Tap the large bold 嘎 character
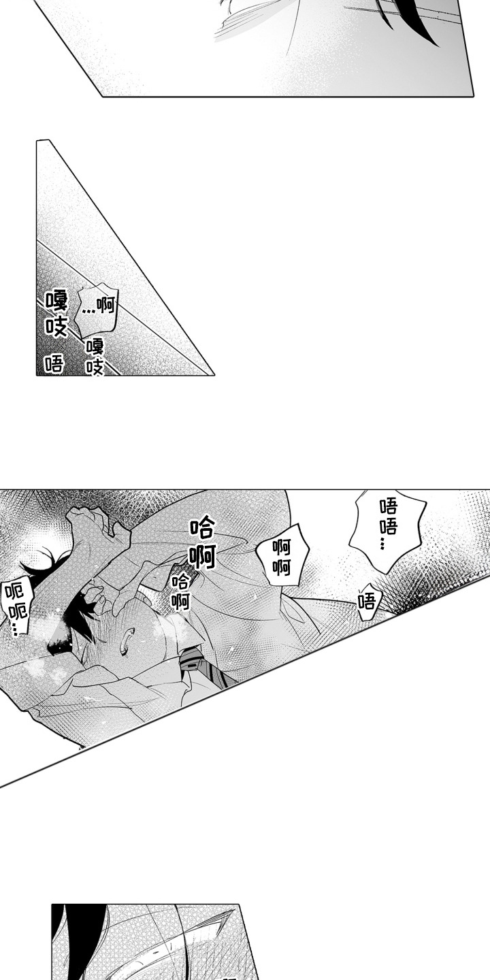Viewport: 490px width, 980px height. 56,300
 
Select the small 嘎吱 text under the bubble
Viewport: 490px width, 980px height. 95,357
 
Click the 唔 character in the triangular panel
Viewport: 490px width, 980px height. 54,363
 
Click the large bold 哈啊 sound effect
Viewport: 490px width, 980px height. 202,542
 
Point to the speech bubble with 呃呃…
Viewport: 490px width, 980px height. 15,607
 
